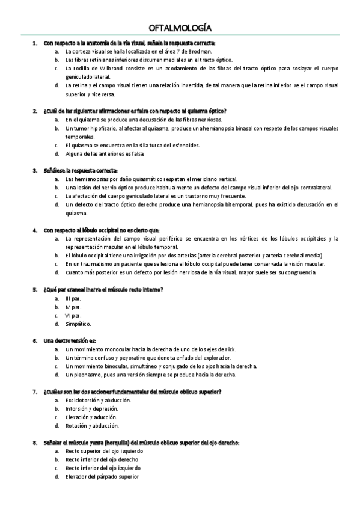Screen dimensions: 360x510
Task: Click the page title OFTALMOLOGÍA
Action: click(180, 28)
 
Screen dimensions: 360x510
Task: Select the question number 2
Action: click(35, 111)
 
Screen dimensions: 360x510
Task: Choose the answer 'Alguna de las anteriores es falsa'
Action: click(105, 153)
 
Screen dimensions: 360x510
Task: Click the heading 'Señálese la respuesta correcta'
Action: click(81, 170)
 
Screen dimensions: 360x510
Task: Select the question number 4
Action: click(35, 230)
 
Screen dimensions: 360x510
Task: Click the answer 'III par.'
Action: click(73, 298)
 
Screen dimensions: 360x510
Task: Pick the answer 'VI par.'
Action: click(73, 315)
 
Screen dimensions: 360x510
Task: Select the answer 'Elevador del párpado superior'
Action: click(102, 476)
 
